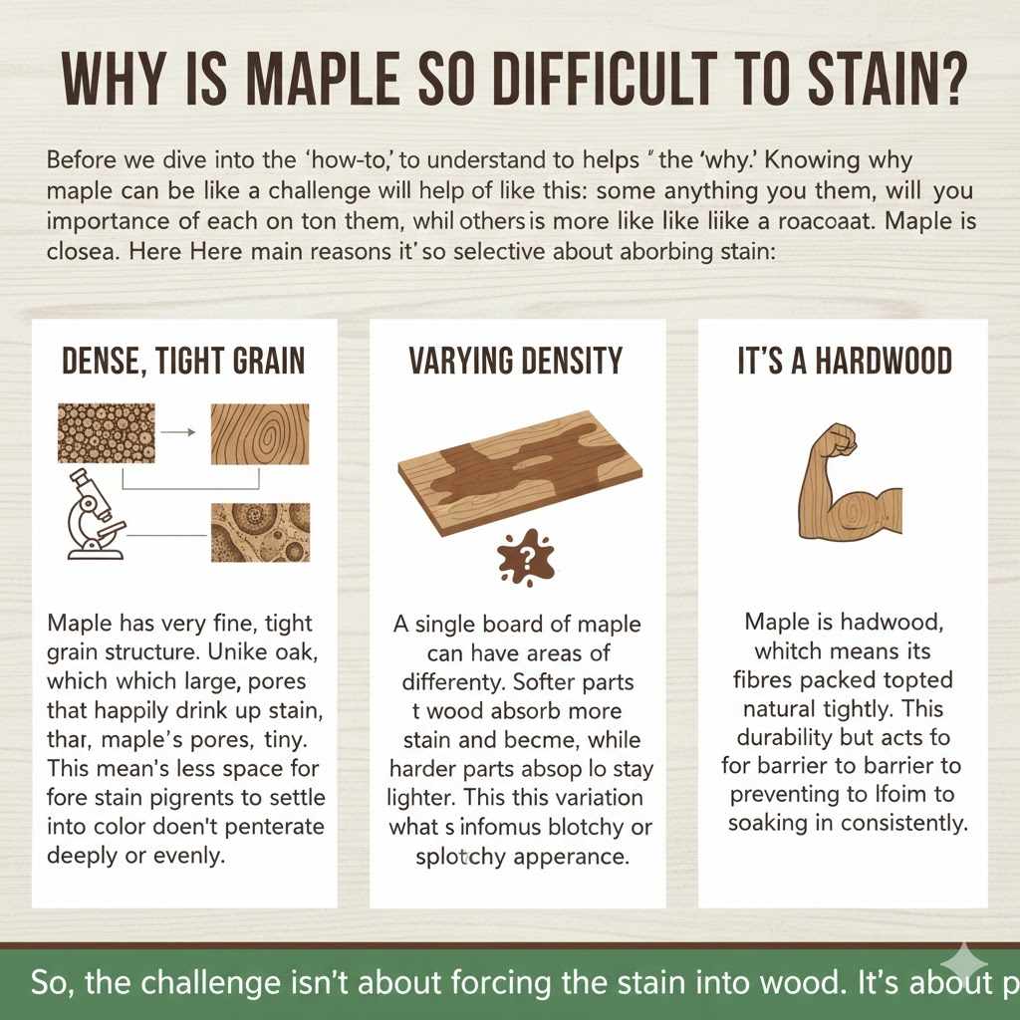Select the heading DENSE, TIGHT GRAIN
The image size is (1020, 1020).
click(184, 361)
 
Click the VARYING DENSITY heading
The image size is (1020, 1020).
click(516, 361)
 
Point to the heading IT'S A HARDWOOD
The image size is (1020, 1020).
click(844, 361)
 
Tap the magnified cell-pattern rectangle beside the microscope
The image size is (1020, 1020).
click(260, 532)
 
